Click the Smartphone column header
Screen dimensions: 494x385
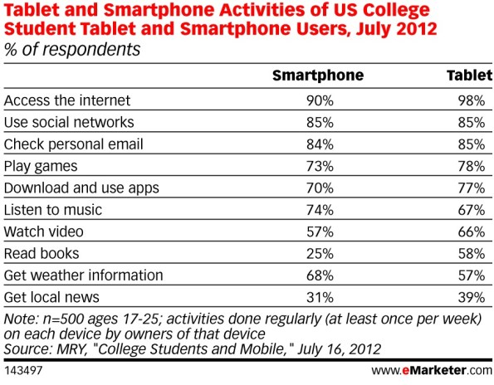[318, 76]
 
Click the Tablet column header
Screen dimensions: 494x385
[469, 76]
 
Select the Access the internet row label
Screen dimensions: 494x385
[67, 100]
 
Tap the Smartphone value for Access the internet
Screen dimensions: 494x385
[320, 100]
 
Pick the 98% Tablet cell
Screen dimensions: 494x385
[472, 100]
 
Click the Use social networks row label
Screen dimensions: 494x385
[69, 122]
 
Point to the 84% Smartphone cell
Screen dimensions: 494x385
[320, 144]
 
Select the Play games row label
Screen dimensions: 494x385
[41, 167]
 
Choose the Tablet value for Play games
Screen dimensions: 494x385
[472, 166]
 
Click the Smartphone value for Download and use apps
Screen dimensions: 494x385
[320, 188]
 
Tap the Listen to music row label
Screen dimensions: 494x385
[53, 210]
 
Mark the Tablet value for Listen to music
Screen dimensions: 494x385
[472, 210]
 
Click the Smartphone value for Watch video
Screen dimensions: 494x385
[320, 232]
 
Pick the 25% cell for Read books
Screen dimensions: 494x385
[320, 254]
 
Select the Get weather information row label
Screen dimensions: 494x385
[84, 275]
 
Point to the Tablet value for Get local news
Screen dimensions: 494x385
[472, 298]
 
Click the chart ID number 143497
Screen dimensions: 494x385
[23, 371]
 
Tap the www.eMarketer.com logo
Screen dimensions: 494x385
[432, 370]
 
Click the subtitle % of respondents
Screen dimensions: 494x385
[72, 50]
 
